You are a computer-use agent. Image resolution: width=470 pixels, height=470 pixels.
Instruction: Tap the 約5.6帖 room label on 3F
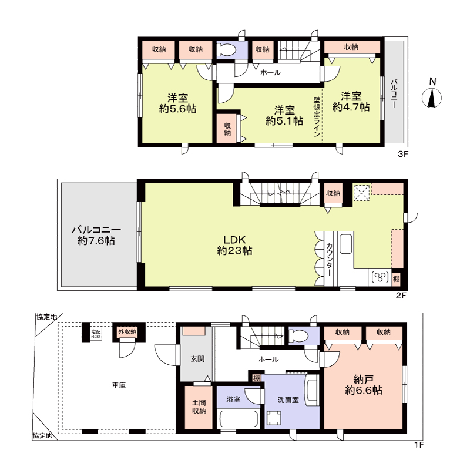coord(177,103)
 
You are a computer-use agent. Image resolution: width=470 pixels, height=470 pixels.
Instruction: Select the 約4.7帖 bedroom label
coord(351,102)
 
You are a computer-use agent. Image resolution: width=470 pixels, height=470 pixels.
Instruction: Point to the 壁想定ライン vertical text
coord(317,116)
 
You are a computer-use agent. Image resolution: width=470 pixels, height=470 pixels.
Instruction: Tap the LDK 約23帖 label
coord(234,245)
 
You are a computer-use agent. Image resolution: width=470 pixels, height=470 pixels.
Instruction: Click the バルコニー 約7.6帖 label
coord(96,236)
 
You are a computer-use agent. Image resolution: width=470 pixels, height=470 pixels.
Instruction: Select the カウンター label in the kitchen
coord(329,259)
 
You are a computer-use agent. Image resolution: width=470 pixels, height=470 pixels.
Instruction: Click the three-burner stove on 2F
coord(380,277)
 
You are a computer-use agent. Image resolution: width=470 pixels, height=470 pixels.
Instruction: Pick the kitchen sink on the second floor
coord(345,243)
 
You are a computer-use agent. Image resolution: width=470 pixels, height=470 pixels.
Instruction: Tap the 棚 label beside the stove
coord(396,278)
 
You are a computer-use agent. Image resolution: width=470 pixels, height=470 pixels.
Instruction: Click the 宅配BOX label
coord(96,334)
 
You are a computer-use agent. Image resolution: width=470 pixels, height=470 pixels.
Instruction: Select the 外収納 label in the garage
coord(127,331)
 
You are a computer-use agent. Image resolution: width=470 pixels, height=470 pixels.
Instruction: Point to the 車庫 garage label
coord(119,385)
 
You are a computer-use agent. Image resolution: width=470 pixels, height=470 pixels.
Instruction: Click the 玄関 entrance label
coord(197,358)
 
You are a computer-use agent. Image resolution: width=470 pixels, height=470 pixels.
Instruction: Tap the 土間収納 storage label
coord(199,407)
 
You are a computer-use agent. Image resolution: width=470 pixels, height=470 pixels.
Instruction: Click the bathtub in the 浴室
coord(239,419)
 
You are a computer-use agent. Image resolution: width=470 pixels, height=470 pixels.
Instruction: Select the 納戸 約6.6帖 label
coord(364,385)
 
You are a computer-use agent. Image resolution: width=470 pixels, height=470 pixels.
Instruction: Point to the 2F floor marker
coord(401,296)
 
